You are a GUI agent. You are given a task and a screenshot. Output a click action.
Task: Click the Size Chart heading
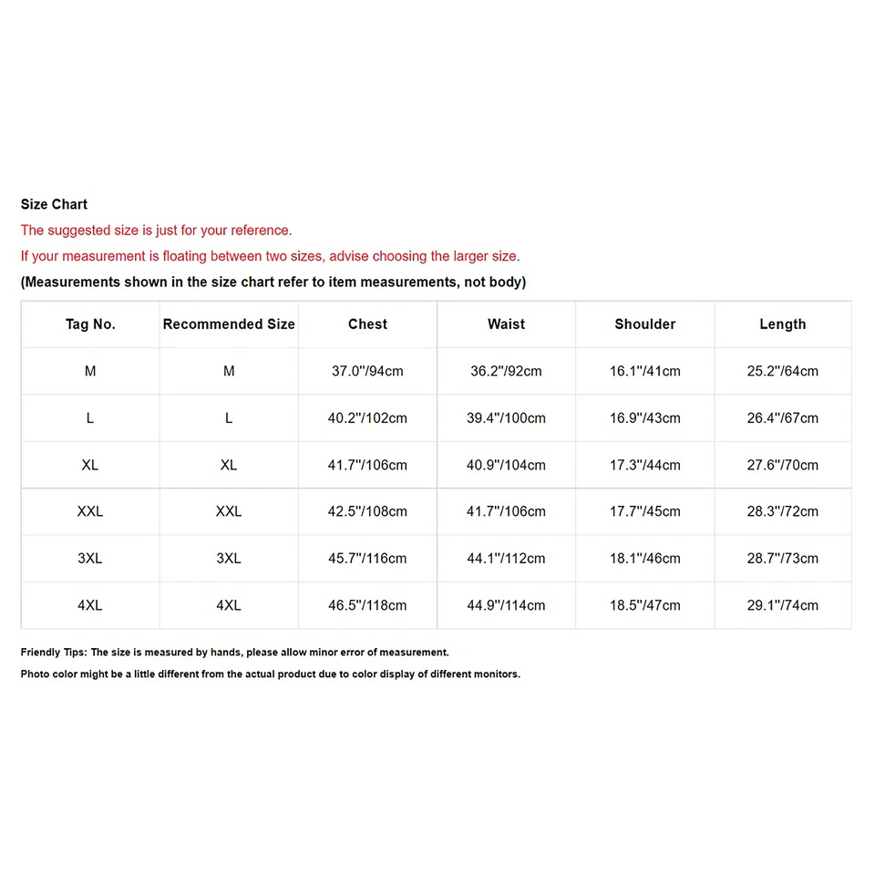54,204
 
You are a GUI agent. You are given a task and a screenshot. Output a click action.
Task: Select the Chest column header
367,324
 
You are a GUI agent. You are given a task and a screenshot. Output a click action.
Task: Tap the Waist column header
506,324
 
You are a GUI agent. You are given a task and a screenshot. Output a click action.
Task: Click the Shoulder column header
644,324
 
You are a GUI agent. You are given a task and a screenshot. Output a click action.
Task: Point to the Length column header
782,324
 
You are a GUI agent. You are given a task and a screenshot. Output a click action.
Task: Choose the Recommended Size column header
229,324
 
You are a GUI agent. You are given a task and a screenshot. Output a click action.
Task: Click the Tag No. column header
90,324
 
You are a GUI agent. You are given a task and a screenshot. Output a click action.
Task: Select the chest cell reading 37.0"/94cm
367,371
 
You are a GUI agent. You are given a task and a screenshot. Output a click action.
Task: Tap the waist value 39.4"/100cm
506,418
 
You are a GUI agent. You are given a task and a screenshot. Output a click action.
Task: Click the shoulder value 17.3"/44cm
644,465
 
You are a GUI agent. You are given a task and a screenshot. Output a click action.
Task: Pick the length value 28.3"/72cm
782,511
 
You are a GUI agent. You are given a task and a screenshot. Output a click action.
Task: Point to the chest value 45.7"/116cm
367,559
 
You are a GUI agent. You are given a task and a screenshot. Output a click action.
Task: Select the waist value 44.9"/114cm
506,605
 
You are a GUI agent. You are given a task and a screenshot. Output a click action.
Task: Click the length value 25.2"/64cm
782,371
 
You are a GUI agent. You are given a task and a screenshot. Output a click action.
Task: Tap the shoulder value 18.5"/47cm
644,605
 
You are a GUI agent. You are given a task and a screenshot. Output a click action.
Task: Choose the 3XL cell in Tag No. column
90,559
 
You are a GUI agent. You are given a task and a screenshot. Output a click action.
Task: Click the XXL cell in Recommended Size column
229,511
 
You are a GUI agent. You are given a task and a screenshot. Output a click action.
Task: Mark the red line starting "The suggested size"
156,231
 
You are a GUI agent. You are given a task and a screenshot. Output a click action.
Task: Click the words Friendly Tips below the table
53,653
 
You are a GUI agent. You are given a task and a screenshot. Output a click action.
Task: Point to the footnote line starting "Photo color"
270,674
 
